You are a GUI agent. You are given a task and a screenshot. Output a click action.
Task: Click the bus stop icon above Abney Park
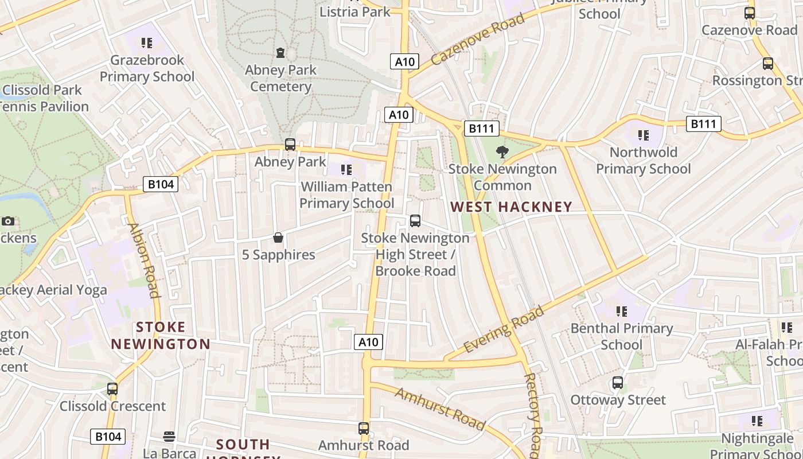point(290,145)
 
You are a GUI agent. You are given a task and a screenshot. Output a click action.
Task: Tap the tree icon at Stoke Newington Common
point(502,152)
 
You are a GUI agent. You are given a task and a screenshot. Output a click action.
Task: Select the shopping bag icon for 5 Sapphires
point(278,238)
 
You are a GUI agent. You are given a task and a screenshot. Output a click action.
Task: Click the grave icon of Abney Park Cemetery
point(280,53)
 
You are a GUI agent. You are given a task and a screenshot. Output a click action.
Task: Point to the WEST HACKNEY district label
point(511,207)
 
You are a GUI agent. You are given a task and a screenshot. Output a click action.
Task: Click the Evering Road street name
point(504,330)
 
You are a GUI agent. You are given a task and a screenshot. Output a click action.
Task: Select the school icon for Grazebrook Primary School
point(147,43)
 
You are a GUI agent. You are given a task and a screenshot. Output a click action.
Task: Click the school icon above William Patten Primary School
point(346,170)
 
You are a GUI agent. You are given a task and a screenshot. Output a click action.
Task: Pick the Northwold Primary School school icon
point(644,135)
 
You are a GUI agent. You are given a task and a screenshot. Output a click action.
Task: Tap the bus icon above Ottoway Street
point(618,383)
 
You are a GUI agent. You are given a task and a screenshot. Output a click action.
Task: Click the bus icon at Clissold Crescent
point(112,389)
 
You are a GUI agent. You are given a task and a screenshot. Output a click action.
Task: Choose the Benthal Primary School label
point(622,336)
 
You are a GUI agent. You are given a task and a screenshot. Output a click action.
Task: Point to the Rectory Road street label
point(533,413)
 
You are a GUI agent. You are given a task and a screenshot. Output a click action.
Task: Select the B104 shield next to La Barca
point(108,437)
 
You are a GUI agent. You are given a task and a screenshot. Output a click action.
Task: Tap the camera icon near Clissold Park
point(8,221)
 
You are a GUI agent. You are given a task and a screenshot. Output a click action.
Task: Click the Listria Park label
point(355,11)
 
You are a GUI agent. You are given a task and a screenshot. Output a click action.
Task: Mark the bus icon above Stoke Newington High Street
point(415,221)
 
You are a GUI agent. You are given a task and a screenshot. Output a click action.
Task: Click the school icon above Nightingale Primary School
point(757,422)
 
